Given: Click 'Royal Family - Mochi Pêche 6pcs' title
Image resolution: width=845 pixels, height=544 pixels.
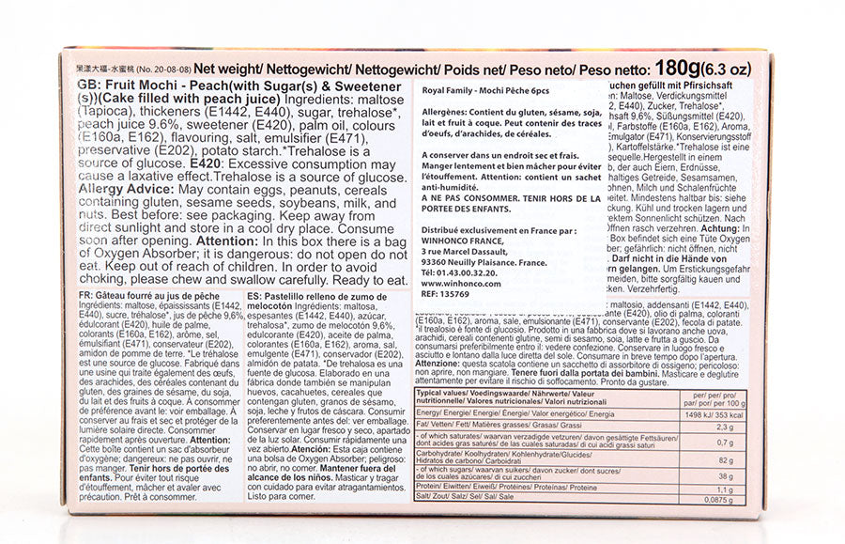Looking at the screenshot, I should (x=489, y=94).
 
